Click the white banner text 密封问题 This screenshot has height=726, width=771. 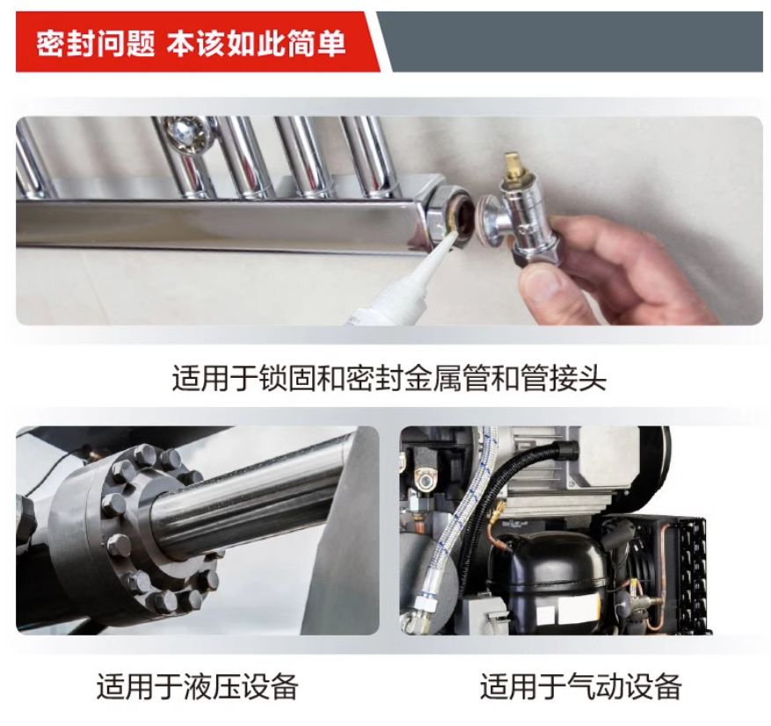pyautogui.click(x=96, y=44)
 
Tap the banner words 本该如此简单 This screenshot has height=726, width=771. pyautogui.click(x=256, y=44)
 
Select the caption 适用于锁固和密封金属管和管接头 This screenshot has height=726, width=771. pyautogui.click(x=389, y=377)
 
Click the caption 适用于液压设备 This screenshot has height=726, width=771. pyautogui.click(x=197, y=686)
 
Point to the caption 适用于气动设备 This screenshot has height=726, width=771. pyautogui.click(x=581, y=686)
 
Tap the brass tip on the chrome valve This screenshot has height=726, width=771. pyautogui.click(x=513, y=163)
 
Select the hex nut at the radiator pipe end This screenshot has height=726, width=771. pyautogui.click(x=442, y=210)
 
